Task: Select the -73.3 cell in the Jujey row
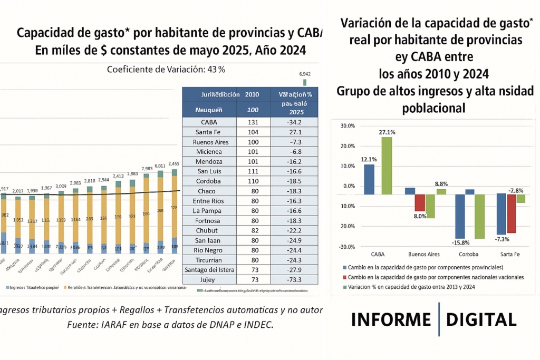pyautogui.click(x=295, y=280)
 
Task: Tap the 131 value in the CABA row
pyautogui.click(x=252, y=122)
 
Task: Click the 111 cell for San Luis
pyautogui.click(x=252, y=171)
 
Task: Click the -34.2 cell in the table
pyautogui.click(x=295, y=122)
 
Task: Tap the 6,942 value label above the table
pyautogui.click(x=304, y=74)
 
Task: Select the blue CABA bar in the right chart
pyautogui.click(x=369, y=179)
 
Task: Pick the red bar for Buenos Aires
pyautogui.click(x=420, y=202)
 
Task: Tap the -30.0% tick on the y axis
pyautogui.click(x=348, y=247)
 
